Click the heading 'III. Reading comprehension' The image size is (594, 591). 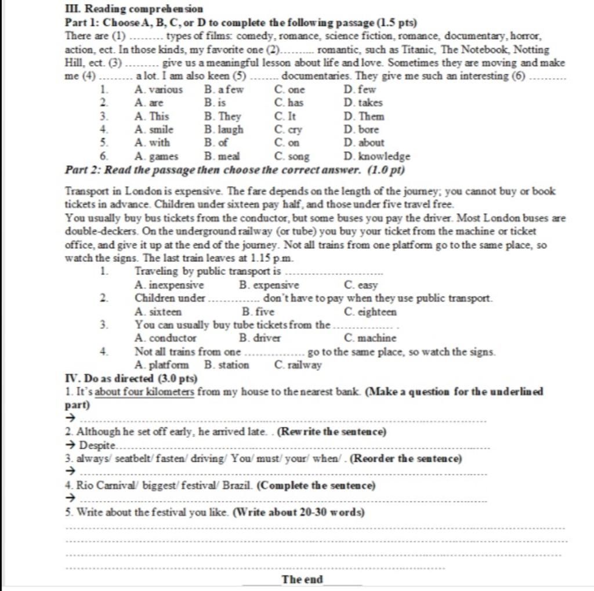pos(134,9)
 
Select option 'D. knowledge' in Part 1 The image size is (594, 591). pos(376,156)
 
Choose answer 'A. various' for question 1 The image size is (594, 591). pos(158,89)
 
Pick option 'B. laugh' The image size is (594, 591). pos(224,129)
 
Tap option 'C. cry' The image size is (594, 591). pos(288,129)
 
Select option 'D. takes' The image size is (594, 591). pos(363,103)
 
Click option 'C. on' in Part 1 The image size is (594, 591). pos(287,143)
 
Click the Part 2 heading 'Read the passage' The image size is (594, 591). pos(235,170)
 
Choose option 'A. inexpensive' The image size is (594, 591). pos(169,285)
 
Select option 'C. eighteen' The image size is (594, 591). pos(370,311)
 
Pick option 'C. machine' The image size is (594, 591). pos(370,338)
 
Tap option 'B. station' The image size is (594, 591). pos(227,365)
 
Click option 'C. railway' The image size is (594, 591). pos(298,365)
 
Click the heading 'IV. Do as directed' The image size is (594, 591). pos(132,378)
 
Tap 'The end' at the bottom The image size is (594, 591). pos(302,579)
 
